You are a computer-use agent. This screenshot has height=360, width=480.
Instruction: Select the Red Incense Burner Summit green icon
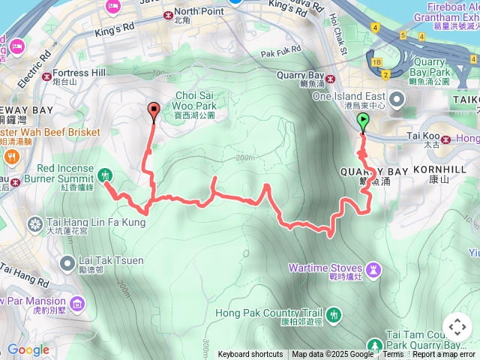[105, 175]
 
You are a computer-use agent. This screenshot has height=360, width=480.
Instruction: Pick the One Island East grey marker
[396, 97]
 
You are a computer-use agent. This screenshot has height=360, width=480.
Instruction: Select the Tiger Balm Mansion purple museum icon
[78, 303]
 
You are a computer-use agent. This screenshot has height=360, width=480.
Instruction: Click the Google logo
[28, 350]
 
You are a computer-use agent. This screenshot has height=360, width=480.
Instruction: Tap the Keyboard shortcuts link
[250, 355]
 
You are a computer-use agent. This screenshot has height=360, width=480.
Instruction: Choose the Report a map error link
[445, 355]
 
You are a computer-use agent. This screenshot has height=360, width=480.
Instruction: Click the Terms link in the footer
[393, 355]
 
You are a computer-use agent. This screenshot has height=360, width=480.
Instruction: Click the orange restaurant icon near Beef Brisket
[12, 157]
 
